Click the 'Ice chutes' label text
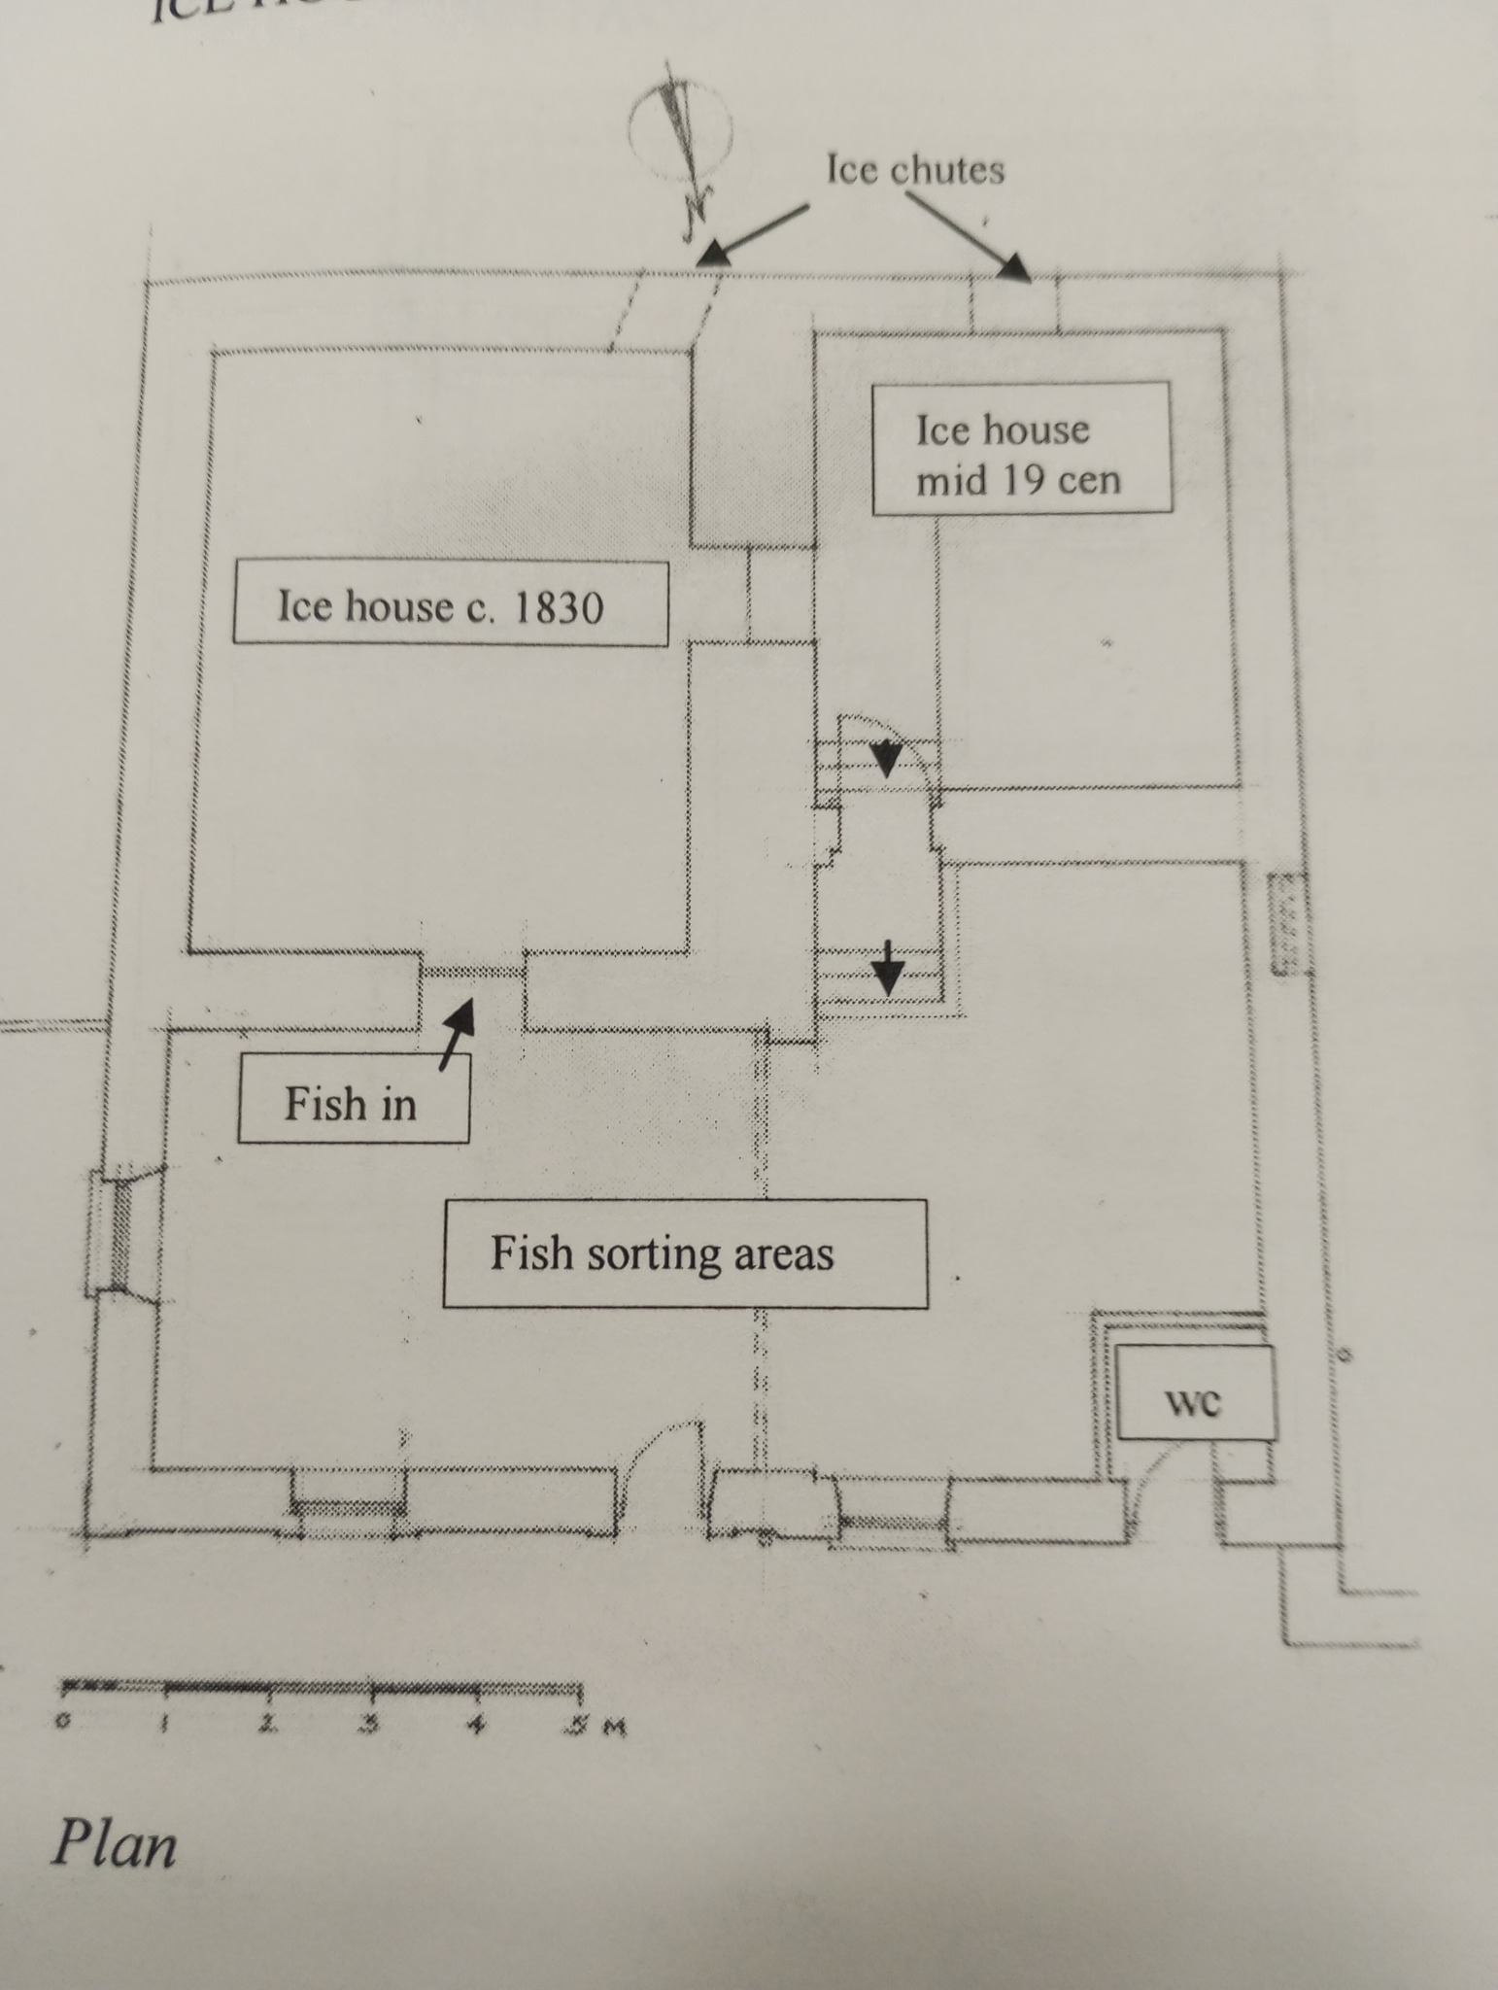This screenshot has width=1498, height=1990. pos(915,170)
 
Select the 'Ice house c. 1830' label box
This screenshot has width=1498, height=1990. pos(450,602)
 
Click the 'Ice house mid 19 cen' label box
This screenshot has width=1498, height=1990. pos(1021,448)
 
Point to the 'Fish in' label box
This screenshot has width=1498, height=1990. pos(353,1098)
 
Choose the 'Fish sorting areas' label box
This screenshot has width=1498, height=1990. pos(685,1253)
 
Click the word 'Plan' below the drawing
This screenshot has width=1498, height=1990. pos(114,1843)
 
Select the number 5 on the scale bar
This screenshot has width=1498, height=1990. pos(579,1727)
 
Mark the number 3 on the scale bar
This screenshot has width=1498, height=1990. pos(369,1724)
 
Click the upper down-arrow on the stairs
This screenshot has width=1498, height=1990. pos(886,759)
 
